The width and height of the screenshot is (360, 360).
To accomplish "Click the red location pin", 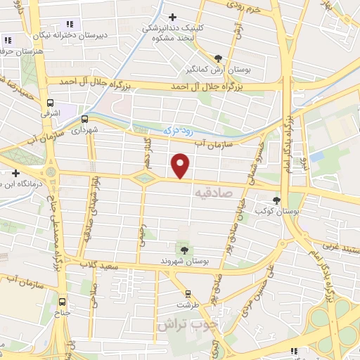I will [x=181, y=165].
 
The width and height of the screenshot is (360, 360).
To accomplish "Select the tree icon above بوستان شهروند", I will [x=184, y=249].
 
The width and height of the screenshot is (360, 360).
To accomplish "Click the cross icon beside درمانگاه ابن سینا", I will [x=15, y=172].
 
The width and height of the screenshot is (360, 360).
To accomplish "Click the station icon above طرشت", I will [x=188, y=293].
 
